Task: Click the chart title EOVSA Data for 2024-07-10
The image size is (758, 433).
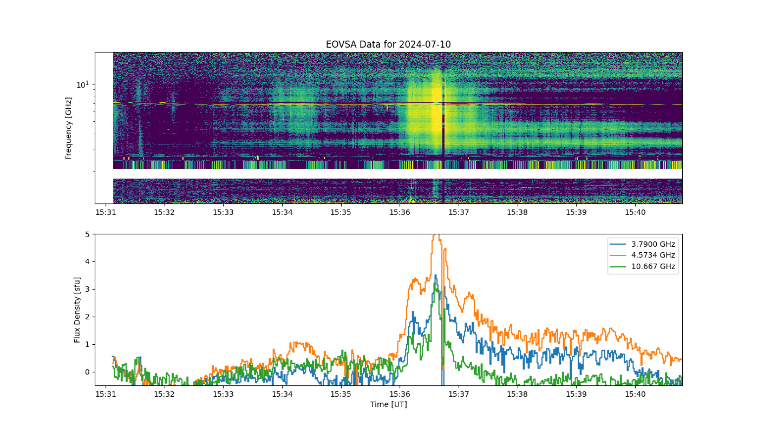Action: point(388,44)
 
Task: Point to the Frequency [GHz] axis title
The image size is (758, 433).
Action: point(69,128)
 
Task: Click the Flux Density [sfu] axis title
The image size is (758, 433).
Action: point(77,310)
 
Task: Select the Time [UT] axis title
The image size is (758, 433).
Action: point(389,404)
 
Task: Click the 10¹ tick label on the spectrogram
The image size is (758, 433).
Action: point(82,84)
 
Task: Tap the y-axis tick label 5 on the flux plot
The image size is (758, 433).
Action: point(87,234)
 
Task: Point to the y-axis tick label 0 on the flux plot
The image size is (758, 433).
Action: point(87,372)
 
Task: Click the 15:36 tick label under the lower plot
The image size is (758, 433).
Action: point(400,394)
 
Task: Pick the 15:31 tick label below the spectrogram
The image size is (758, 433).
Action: point(106,212)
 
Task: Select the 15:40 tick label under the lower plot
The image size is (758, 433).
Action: point(635,394)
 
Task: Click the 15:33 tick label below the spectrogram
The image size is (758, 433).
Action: point(223,212)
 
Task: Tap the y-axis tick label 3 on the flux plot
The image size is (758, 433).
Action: point(87,290)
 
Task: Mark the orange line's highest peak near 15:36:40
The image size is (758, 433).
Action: point(437,235)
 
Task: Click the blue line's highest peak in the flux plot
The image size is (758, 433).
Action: point(436,275)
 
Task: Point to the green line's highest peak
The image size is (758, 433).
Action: point(435,283)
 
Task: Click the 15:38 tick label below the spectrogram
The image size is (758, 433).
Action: point(518,212)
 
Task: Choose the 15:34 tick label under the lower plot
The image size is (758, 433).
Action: point(282,394)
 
